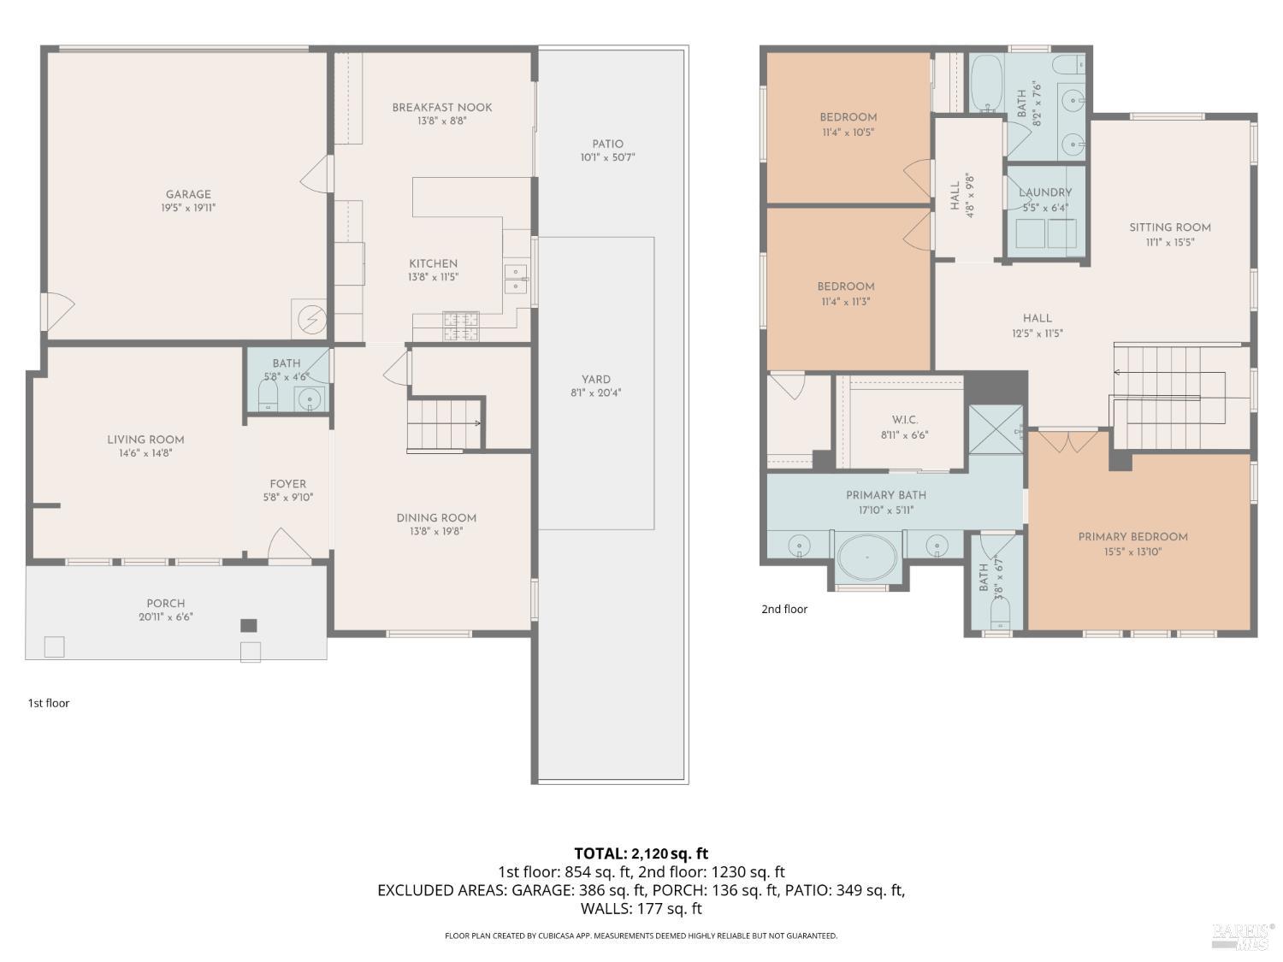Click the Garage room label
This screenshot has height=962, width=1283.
point(188,194)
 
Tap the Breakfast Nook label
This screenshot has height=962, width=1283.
point(442,108)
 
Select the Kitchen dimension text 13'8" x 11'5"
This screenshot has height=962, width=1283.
point(433,277)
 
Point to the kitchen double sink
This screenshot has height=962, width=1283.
point(515,279)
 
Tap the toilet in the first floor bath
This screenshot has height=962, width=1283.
point(268,396)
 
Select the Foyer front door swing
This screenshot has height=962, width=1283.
point(289,545)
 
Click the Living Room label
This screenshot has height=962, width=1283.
point(145,440)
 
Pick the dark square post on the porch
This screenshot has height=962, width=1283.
point(249,625)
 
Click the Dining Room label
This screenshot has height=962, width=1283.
point(436,517)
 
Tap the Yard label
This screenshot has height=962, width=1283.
point(596,379)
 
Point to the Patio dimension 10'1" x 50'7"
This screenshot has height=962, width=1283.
point(608,157)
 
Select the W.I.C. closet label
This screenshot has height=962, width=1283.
point(904,420)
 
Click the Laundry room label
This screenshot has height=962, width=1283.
point(1045,193)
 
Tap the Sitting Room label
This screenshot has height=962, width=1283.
point(1170,227)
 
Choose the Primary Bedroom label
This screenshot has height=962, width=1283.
point(1132,537)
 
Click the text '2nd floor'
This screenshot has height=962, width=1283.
point(784,609)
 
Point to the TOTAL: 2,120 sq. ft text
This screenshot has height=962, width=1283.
point(641,853)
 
